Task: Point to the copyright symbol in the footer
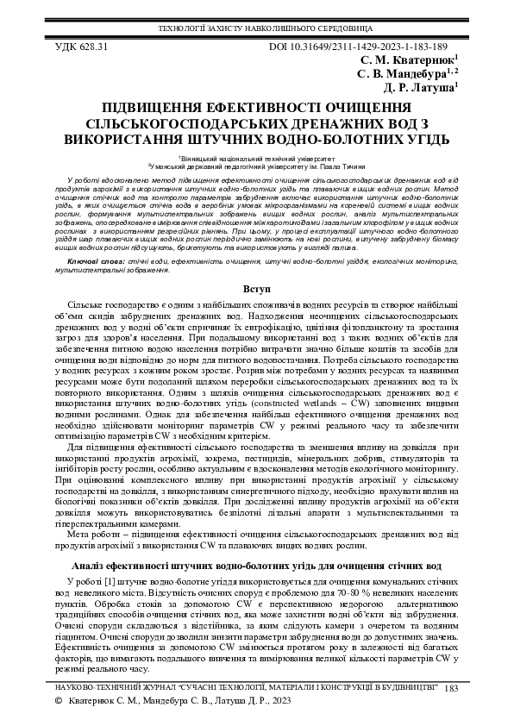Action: point(59,704)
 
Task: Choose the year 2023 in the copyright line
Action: point(291,704)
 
